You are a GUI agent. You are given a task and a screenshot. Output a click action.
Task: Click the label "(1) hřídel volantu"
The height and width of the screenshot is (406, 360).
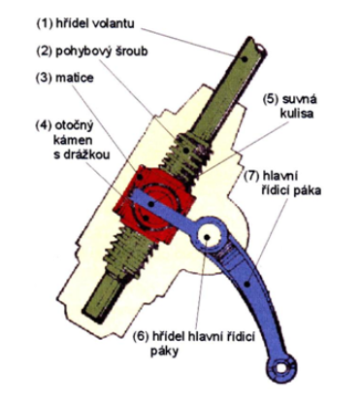tap(85, 24)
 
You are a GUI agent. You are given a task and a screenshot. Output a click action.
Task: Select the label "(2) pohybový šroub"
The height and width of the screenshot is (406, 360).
tap(91, 51)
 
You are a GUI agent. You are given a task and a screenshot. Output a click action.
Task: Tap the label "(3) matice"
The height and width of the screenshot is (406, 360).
tap(65, 78)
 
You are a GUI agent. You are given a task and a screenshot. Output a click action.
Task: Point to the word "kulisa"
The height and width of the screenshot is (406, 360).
tap(297, 114)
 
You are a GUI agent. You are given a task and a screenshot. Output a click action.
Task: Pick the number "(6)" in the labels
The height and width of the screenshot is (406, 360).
tap(142, 337)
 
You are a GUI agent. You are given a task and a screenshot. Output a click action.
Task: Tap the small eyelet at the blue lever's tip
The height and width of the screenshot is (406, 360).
tap(282, 368)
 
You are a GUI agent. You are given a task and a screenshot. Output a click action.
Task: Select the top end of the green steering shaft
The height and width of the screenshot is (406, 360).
tap(257, 44)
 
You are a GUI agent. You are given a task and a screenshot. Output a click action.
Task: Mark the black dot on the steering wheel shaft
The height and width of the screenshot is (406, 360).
tap(245, 58)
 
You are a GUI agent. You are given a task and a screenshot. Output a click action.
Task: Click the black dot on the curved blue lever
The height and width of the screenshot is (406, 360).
tap(247, 285)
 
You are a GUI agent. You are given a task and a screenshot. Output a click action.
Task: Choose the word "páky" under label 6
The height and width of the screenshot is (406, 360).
tap(164, 352)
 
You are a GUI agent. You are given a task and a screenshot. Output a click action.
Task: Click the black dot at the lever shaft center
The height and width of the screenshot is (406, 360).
tap(207, 237)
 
